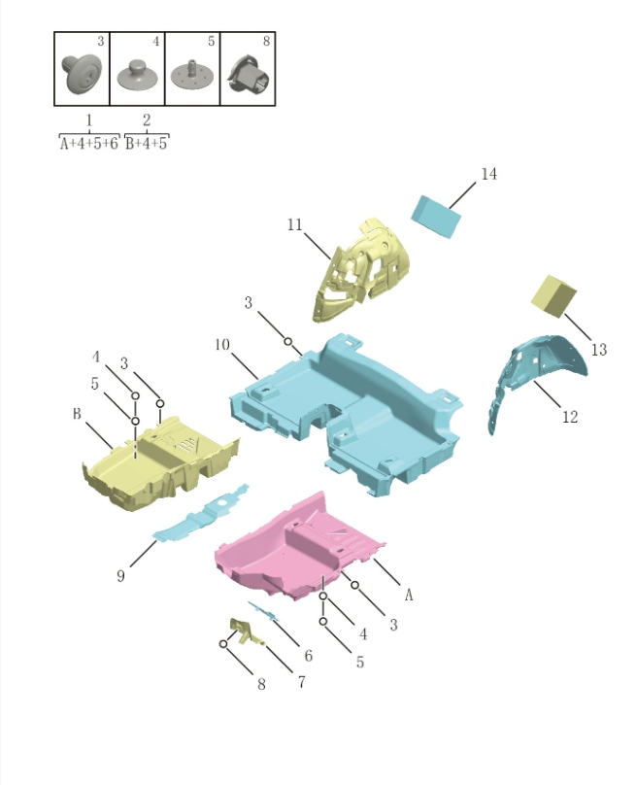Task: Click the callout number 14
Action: click(x=488, y=174)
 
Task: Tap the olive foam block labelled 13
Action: click(x=553, y=294)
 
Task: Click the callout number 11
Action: click(x=295, y=225)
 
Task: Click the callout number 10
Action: click(x=221, y=345)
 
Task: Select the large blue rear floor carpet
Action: click(x=350, y=408)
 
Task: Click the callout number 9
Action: click(x=120, y=576)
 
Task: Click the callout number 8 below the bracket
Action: click(x=261, y=685)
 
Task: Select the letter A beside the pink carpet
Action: click(x=409, y=595)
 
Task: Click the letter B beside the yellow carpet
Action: click(x=76, y=414)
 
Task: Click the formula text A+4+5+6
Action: click(x=88, y=143)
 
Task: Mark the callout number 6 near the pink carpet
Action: click(x=308, y=657)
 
